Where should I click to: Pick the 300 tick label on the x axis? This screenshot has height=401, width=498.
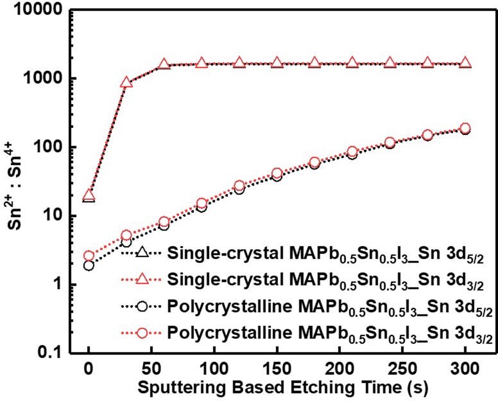[465, 368]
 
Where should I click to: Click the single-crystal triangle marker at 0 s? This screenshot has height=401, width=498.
[89, 195]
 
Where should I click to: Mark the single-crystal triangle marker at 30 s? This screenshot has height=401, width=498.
[126, 82]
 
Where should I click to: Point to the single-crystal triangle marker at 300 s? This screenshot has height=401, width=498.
[465, 63]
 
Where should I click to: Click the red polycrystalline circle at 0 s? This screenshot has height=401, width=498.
[89, 256]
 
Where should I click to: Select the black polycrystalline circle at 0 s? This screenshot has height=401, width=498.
[89, 265]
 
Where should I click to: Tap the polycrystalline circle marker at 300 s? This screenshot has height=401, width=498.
[465, 129]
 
